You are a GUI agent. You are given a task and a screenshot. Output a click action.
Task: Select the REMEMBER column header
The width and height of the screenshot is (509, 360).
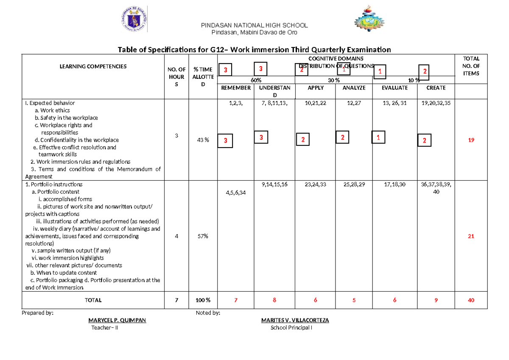236,88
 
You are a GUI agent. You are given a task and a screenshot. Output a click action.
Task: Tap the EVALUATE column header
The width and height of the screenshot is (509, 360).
395,88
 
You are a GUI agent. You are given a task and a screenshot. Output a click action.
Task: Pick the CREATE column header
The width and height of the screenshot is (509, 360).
436,88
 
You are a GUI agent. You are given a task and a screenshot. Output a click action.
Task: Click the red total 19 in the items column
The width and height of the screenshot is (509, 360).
471,140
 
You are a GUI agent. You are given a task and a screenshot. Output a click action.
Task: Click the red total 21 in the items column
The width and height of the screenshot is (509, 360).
471,236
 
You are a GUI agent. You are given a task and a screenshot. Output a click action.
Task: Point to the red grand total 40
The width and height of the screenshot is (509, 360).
471,300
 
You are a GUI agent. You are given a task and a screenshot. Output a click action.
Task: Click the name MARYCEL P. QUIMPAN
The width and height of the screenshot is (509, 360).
117,321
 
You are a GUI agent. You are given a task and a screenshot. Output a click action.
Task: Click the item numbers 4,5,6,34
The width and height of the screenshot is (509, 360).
236,193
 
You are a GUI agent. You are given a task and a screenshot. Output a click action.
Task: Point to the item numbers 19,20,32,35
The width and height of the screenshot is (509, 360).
436,103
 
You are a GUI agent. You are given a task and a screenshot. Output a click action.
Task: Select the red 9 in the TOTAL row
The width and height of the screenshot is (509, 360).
436,300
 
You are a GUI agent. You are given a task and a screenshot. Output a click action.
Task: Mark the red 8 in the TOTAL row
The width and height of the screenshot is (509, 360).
274,300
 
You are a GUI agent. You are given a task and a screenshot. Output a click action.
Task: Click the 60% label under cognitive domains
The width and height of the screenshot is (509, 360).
256,80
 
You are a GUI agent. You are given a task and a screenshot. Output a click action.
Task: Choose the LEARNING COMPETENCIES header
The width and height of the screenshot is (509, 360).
93,67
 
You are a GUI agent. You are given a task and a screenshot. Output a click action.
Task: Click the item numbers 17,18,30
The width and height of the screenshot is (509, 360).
394,184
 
